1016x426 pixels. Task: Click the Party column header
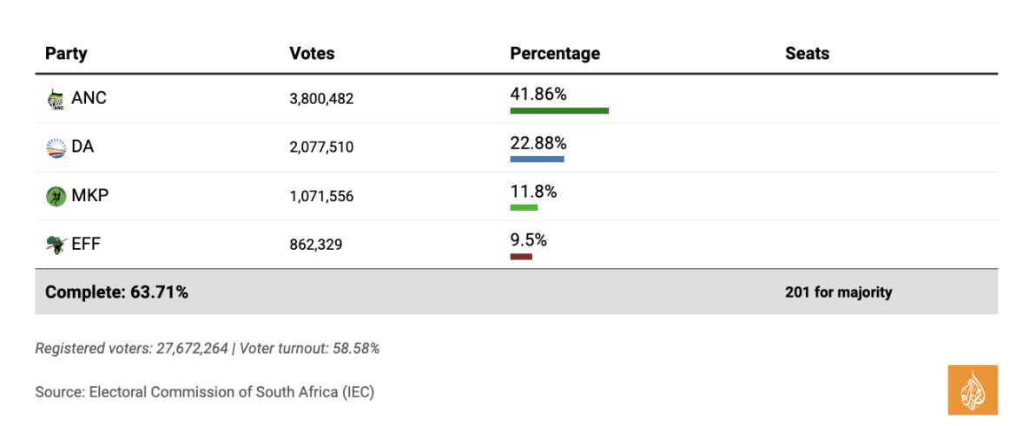click(x=66, y=54)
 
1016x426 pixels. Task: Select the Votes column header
click(x=312, y=54)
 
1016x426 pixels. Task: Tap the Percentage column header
click(x=555, y=54)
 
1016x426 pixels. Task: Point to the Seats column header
click(x=807, y=54)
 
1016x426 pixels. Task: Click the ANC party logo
click(x=56, y=99)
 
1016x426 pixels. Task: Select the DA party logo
click(x=56, y=148)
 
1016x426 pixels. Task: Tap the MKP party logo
click(x=56, y=197)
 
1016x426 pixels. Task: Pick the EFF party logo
click(x=56, y=246)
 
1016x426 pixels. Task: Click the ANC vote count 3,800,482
click(x=321, y=100)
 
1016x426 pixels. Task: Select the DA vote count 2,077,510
click(x=321, y=148)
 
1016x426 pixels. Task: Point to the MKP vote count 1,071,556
click(x=321, y=197)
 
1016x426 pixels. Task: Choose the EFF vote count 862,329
click(x=316, y=246)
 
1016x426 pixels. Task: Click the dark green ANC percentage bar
click(x=559, y=111)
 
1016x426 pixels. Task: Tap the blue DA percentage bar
click(x=537, y=160)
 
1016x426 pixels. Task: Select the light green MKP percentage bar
click(x=524, y=207)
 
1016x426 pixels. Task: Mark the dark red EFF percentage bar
click(x=521, y=256)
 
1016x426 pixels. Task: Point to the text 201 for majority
click(x=838, y=292)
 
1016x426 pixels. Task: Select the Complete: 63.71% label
click(x=116, y=292)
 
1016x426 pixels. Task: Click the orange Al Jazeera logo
click(x=973, y=390)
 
